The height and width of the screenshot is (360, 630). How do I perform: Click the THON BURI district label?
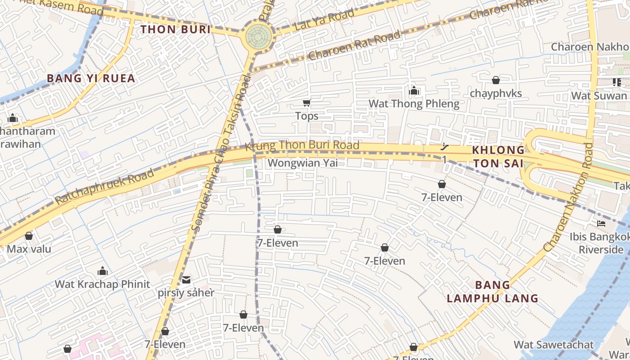pos(175,30)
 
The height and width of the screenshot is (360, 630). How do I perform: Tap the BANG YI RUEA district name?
pos(91,78)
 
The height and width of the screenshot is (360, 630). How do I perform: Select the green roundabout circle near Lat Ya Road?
pos(259,36)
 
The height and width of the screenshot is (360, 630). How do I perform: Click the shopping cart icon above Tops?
pos(306,103)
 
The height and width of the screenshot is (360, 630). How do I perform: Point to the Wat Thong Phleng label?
pos(414,104)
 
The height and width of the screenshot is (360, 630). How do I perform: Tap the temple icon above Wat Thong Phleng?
pos(414,91)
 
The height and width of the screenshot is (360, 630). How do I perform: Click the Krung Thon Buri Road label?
pos(302,145)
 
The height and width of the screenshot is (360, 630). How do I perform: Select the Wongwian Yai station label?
pos(302,163)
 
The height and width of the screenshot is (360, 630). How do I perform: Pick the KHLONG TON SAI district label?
pos(498,157)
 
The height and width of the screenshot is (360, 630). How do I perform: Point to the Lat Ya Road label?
pos(324,21)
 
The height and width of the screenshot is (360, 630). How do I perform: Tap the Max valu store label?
pos(29,249)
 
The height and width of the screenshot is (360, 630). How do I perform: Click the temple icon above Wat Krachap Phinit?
pos(103,271)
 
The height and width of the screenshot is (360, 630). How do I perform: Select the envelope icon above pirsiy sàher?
pos(186,280)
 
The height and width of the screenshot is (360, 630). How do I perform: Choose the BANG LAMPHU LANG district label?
pos(493,292)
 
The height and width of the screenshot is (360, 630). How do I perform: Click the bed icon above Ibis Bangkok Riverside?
pos(601,224)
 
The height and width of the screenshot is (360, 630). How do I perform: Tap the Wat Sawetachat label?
pos(553,345)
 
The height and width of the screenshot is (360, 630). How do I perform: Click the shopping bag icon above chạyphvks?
pos(495,80)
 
